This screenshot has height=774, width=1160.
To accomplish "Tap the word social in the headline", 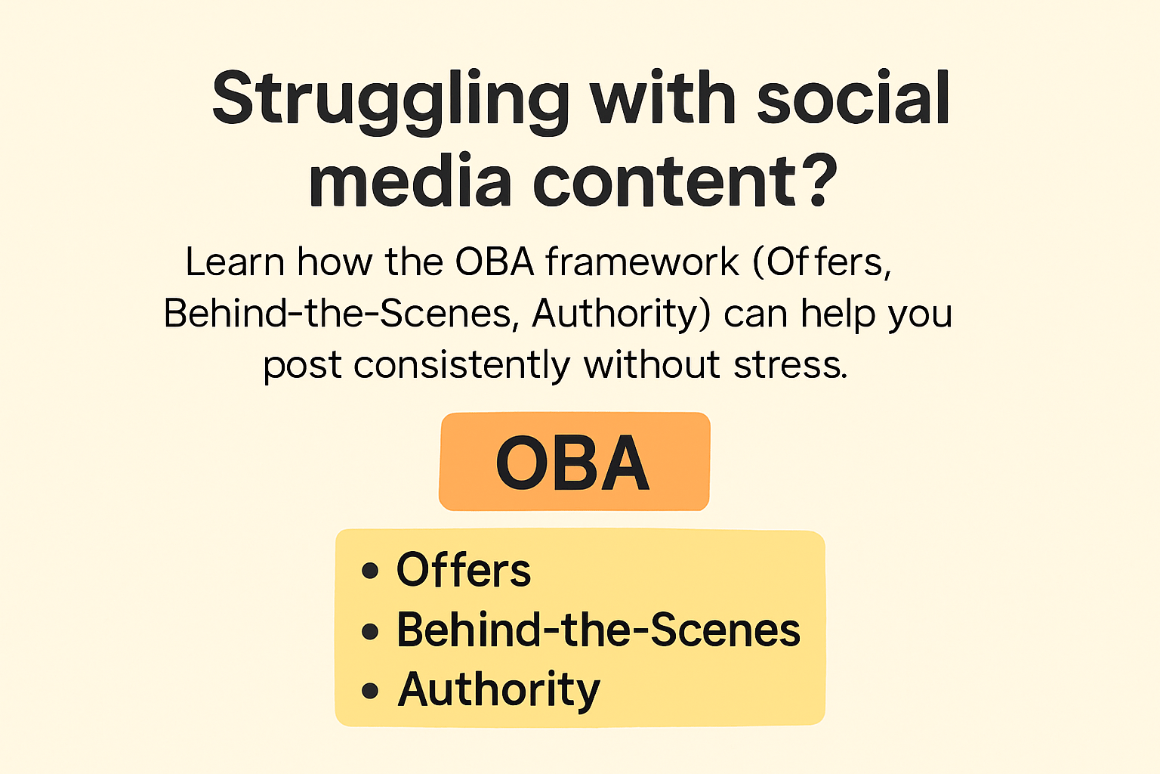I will coord(853,98).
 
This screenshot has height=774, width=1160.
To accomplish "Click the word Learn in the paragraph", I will coord(235,262).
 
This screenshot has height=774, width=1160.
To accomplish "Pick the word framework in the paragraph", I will coord(642,262).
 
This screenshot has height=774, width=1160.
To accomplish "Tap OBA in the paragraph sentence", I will coord(495,262).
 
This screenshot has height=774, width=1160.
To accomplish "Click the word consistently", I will coord(461,366).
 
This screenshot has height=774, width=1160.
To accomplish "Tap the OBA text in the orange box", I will coord(573,463).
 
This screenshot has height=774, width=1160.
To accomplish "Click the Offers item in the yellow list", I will coord(464,570).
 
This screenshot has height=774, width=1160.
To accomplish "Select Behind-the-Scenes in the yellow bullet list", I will coord(598,630).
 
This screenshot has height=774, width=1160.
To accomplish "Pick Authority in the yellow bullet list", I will coord(498,689).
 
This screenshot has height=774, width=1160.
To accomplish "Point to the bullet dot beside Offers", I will coord(369,571).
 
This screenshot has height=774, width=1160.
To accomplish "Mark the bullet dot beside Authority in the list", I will coord(369,690).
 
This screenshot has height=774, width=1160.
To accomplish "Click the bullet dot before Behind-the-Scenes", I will coord(369,630).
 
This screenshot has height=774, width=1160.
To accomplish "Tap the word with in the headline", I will coord(663,98).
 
